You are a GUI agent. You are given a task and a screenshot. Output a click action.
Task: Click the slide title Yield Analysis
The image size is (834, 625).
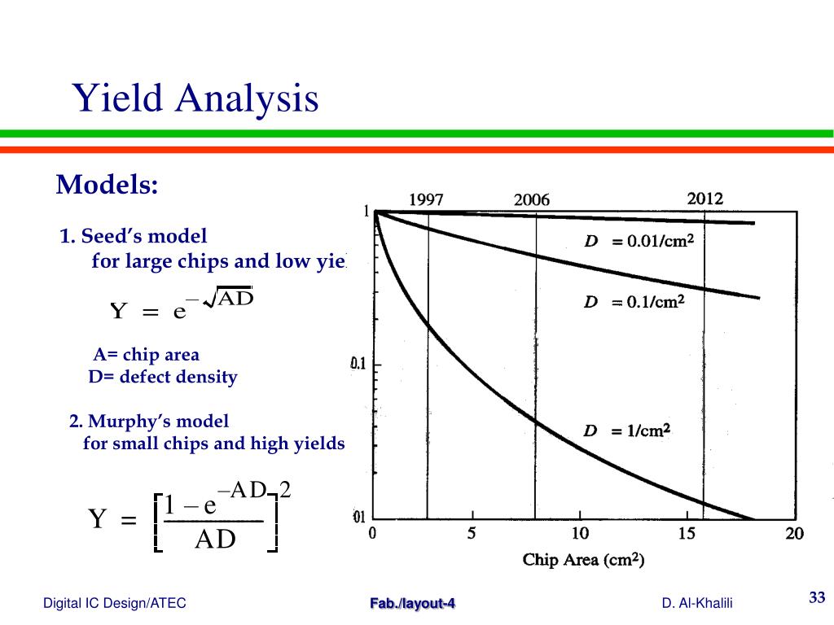(x=195, y=98)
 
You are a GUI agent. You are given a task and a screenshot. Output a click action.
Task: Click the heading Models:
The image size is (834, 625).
(x=107, y=185)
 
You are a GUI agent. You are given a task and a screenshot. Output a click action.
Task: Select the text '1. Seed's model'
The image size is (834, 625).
(x=134, y=236)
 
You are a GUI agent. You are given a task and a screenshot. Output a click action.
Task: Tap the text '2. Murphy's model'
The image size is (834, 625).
(x=149, y=421)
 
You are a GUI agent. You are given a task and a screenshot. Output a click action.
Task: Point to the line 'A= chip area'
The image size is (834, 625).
(x=146, y=355)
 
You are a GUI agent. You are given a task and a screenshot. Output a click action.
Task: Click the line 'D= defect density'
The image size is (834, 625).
(x=162, y=377)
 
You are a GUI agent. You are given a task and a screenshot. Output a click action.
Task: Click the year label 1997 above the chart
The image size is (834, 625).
(x=427, y=199)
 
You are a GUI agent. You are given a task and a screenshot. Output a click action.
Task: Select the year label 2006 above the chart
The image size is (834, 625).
(x=532, y=199)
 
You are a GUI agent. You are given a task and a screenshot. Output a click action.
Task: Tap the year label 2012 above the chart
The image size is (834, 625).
(x=705, y=199)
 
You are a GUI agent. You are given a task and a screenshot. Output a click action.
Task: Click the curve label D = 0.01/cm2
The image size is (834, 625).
(x=639, y=242)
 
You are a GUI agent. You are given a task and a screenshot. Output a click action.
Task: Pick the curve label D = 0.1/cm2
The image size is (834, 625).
(x=634, y=302)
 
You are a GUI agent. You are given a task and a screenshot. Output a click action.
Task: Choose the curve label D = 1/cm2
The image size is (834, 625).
(x=626, y=431)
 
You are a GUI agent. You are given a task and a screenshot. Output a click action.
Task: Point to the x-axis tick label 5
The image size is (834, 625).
(x=472, y=535)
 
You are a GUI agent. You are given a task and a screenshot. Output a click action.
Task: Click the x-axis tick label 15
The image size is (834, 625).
(x=687, y=535)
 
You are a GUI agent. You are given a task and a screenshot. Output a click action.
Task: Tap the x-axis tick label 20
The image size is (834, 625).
(x=794, y=535)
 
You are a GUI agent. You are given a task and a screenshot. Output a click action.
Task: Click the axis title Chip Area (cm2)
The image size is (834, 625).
(x=583, y=560)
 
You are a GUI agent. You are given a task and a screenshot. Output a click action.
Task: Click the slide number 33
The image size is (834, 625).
(x=816, y=598)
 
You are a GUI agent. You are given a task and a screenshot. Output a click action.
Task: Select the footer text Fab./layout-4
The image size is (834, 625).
(x=413, y=603)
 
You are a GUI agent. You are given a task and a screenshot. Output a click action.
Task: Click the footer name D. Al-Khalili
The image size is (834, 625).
(x=697, y=603)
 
